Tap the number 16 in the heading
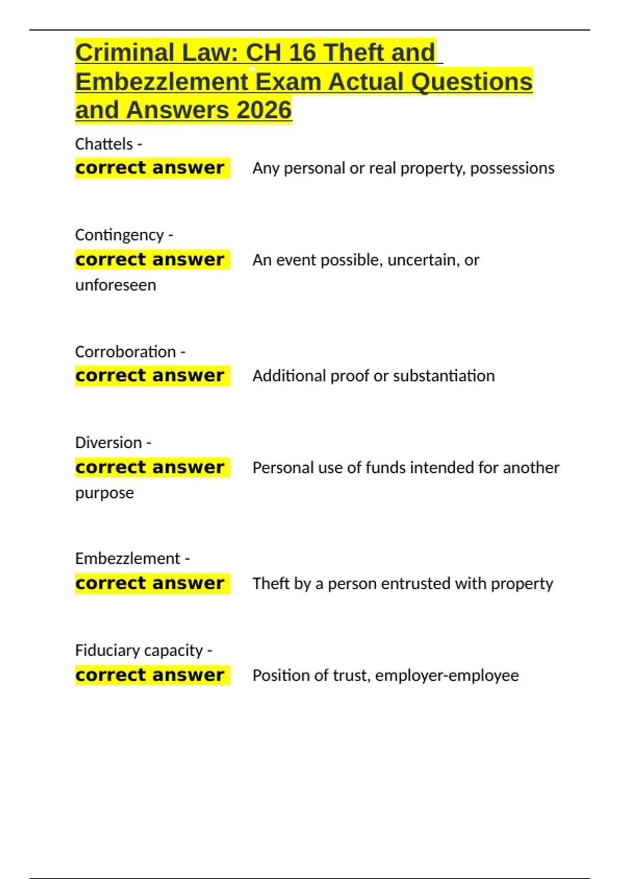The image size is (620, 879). click(302, 53)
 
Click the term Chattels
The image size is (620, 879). click(104, 144)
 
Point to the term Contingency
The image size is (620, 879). click(119, 235)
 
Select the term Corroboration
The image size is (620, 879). click(126, 352)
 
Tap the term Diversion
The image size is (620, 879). click(109, 443)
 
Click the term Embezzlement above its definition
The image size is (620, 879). click(128, 558)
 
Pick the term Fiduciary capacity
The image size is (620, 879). click(139, 650)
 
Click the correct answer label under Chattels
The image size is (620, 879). click(150, 168)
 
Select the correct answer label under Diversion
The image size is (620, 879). click(150, 467)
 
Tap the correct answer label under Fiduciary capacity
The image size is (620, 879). click(150, 675)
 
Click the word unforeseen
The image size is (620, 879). click(116, 285)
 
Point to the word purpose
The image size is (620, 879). click(104, 493)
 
